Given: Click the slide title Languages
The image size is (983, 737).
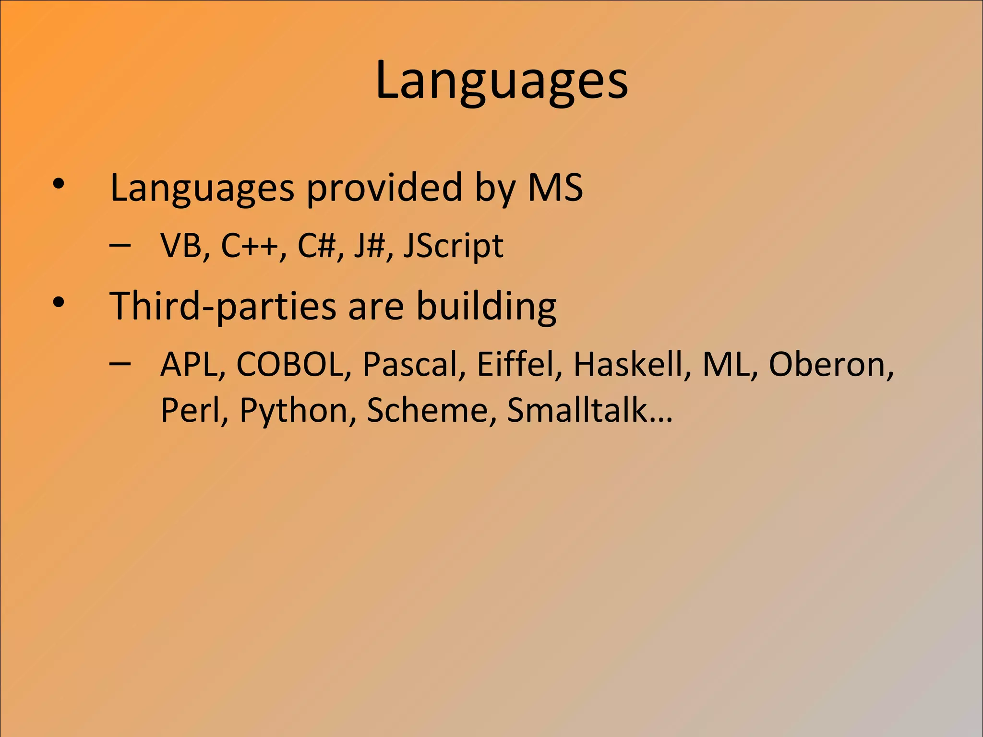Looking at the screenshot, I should pos(502,81).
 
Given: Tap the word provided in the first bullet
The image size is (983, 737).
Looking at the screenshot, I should pos(384,188).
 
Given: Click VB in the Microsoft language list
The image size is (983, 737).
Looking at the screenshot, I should pos(181,246).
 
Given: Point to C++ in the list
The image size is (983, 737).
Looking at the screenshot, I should pos(250,246).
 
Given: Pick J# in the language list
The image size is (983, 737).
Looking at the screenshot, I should pos(370,246).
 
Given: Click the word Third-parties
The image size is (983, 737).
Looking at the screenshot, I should pos(223,306).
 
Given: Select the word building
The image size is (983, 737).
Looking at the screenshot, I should pos(486,306).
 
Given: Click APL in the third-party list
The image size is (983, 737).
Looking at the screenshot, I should pos(189,364).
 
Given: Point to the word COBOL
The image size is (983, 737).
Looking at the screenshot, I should pos(290,364).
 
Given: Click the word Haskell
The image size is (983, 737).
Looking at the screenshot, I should pos(628,364).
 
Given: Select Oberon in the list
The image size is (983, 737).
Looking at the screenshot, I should pos(827,364).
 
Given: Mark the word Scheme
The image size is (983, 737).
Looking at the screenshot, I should pos(427,410).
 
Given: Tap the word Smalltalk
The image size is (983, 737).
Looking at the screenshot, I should pos(577,410).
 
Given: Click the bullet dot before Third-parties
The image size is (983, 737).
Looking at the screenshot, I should pos(59,303).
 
